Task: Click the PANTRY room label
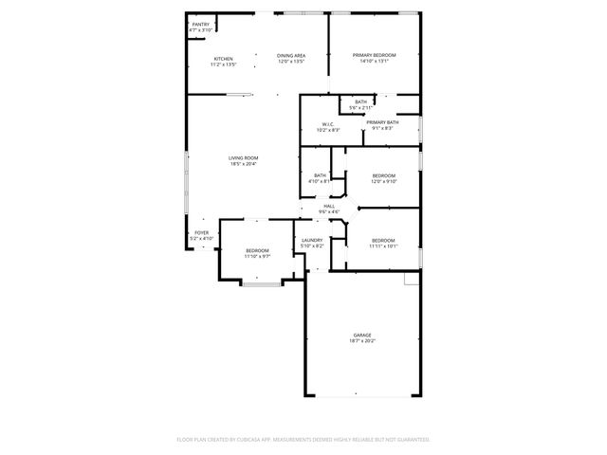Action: click(200, 25)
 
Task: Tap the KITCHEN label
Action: click(223, 59)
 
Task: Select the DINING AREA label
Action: click(291, 56)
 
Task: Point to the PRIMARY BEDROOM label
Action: click(375, 55)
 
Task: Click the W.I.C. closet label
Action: click(327, 123)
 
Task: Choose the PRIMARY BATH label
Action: click(382, 122)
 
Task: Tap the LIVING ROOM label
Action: click(244, 157)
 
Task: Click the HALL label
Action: click(329, 206)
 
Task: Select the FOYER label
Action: click(201, 232)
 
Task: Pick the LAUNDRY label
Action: click(312, 240)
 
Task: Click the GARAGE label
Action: click(361, 335)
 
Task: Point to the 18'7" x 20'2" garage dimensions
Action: click(361, 340)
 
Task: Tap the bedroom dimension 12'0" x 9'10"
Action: click(383, 181)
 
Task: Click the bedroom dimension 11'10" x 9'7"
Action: click(258, 256)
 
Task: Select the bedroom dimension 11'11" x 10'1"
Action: click(383, 246)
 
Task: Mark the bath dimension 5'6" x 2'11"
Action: click(361, 107)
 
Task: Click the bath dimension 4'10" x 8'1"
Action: click(321, 180)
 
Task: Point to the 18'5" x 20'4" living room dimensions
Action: click(244, 164)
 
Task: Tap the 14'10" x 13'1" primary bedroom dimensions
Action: click(375, 62)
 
